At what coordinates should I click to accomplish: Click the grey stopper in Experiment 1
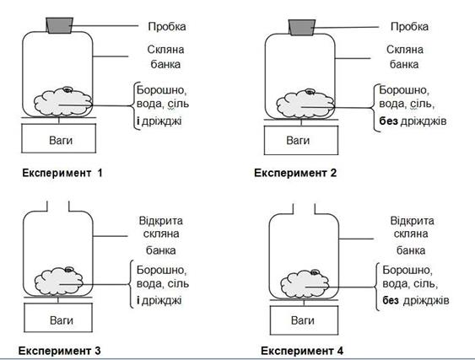tap(59, 25)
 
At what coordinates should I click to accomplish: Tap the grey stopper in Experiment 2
tap(302, 27)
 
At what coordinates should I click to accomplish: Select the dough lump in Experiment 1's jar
tap(63, 102)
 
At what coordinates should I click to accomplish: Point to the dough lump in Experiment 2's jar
tap(305, 103)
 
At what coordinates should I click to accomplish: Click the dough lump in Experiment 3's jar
tap(59, 281)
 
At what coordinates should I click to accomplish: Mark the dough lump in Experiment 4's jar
tap(305, 284)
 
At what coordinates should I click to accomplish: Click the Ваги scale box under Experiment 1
tap(59, 138)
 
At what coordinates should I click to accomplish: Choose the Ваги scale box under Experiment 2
tap(301, 140)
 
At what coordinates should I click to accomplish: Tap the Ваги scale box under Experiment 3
tap(58, 317)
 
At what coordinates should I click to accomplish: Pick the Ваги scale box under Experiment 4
tap(304, 320)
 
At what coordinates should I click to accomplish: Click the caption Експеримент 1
tap(62, 173)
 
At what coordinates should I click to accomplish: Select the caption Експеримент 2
tap(295, 173)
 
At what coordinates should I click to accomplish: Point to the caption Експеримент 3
tap(59, 351)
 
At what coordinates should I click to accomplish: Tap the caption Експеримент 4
tap(302, 351)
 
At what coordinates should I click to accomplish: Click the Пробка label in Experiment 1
tap(167, 27)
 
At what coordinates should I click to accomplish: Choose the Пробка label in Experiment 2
tap(409, 27)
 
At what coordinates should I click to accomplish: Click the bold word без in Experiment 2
tap(388, 121)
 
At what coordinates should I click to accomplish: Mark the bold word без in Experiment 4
tap(391, 301)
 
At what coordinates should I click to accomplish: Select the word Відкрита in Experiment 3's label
tap(161, 221)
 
